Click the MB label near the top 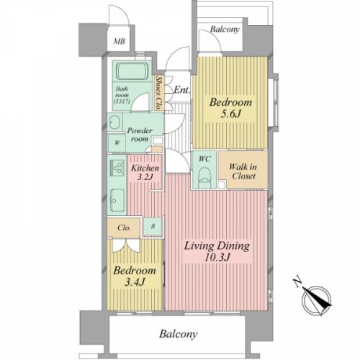(x=120, y=41)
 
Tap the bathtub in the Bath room (x=132, y=71)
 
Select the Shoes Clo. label (x=158, y=93)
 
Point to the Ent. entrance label (x=181, y=90)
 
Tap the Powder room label (x=140, y=135)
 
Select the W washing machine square (x=117, y=143)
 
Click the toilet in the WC (x=204, y=177)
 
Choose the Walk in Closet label (x=243, y=171)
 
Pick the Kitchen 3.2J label (x=145, y=173)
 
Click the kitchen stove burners (x=117, y=167)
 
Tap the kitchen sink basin (x=117, y=199)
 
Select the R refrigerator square (x=153, y=226)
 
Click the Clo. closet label (x=124, y=228)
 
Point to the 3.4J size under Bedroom (x=135, y=282)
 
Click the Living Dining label (x=217, y=246)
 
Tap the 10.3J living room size (x=217, y=258)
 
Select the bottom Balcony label (x=179, y=334)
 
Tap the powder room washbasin (x=114, y=122)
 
